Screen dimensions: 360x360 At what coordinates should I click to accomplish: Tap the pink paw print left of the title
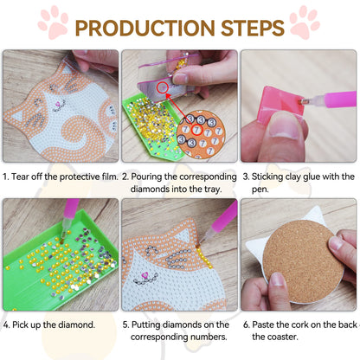54,22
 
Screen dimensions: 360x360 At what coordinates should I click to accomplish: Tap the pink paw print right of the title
305,21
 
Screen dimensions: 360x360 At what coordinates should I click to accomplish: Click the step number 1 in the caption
7,176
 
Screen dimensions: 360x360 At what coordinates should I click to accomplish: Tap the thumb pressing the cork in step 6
279,282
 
